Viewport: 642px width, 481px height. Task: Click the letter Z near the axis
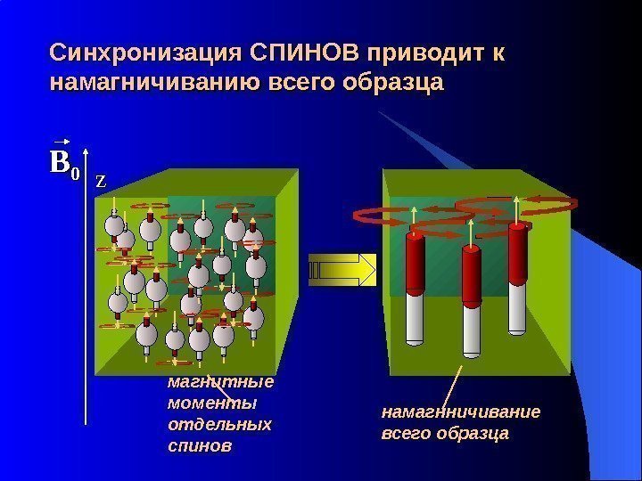(101, 181)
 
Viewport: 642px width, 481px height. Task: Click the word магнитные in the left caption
(220, 384)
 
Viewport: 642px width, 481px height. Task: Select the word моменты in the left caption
(212, 404)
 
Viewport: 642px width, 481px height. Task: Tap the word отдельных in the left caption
(219, 424)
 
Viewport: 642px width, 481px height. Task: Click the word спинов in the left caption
(198, 444)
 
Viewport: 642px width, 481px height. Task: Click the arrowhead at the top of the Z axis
(86, 185)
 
